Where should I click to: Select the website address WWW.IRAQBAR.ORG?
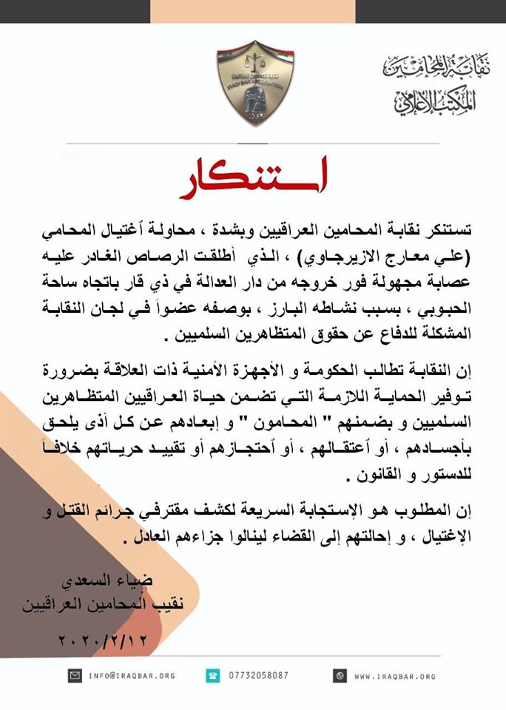pyautogui.click(x=395, y=676)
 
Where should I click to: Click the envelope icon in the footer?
pyautogui.click(x=75, y=676)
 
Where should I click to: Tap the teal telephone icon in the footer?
pyautogui.click(x=212, y=676)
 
